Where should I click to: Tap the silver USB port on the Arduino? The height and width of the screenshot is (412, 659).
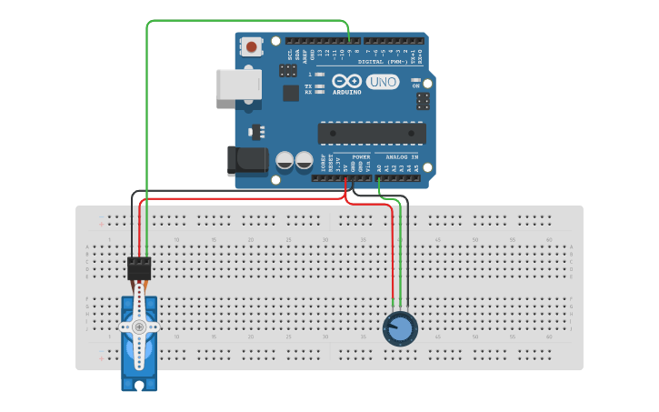coord(238,85)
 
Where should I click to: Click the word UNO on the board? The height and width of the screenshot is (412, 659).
coord(383,82)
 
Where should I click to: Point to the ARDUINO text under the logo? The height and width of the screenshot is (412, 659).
coord(346,92)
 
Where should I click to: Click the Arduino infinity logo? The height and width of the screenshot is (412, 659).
coord(346,80)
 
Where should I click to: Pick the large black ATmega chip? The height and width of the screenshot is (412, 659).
coord(372,133)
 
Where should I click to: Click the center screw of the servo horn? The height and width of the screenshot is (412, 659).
coord(139,327)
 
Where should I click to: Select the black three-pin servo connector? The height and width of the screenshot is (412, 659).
coord(139,268)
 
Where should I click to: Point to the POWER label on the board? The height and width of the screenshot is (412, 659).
coord(361,156)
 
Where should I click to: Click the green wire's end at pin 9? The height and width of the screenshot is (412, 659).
coord(349,41)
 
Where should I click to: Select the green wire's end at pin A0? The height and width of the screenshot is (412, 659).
coord(379,178)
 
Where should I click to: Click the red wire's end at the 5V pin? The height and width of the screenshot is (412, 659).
coord(345,178)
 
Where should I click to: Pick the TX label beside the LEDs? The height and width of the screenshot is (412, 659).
coord(308,85)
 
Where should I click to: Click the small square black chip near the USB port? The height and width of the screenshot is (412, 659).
coord(291,93)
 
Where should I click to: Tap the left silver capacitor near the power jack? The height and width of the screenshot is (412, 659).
coord(285,161)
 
